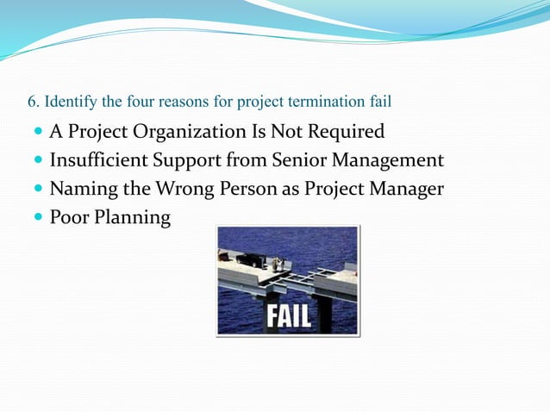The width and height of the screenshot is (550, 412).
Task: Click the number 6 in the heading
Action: point(31,103)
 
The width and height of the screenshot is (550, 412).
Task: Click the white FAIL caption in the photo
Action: point(288,315)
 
